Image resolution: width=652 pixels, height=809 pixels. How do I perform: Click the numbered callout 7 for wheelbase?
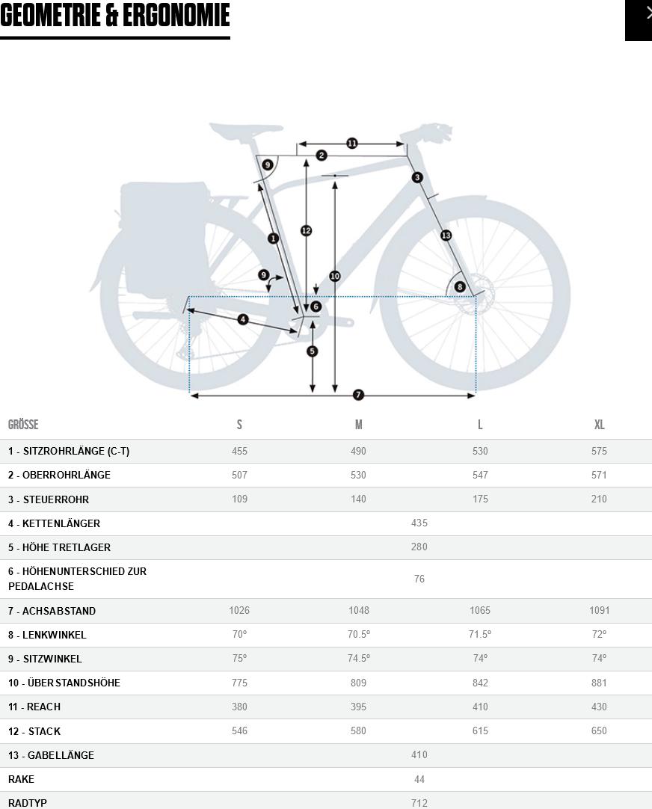(x=358, y=395)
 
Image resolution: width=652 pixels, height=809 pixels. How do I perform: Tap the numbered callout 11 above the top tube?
(x=351, y=143)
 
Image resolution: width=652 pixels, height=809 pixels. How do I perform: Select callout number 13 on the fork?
(x=446, y=236)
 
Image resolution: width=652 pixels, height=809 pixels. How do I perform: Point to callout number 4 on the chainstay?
(x=242, y=319)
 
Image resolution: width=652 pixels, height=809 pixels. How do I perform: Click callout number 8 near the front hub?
(x=460, y=286)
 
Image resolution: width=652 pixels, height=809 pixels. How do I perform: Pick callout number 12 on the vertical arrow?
(x=306, y=230)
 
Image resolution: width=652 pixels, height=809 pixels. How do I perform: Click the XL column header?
(x=599, y=425)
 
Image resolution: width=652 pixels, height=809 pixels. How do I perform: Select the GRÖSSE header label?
(x=23, y=425)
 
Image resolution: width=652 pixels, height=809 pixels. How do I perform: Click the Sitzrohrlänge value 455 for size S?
(x=239, y=451)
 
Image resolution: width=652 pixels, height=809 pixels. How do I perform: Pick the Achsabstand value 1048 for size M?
(x=358, y=610)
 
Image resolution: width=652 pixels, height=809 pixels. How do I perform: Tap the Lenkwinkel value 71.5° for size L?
(x=480, y=634)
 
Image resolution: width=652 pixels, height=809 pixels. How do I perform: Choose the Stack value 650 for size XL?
(x=599, y=730)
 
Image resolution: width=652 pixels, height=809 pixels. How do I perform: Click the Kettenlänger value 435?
(x=419, y=523)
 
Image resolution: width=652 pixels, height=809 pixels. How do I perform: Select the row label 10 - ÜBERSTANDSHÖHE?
(x=64, y=683)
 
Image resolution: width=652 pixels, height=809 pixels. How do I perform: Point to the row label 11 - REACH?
(x=34, y=707)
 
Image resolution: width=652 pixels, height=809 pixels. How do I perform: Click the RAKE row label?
(x=21, y=779)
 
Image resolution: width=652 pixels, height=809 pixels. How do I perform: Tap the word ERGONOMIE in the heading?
(x=176, y=15)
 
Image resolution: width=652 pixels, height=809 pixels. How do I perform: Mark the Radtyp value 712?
(x=419, y=803)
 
